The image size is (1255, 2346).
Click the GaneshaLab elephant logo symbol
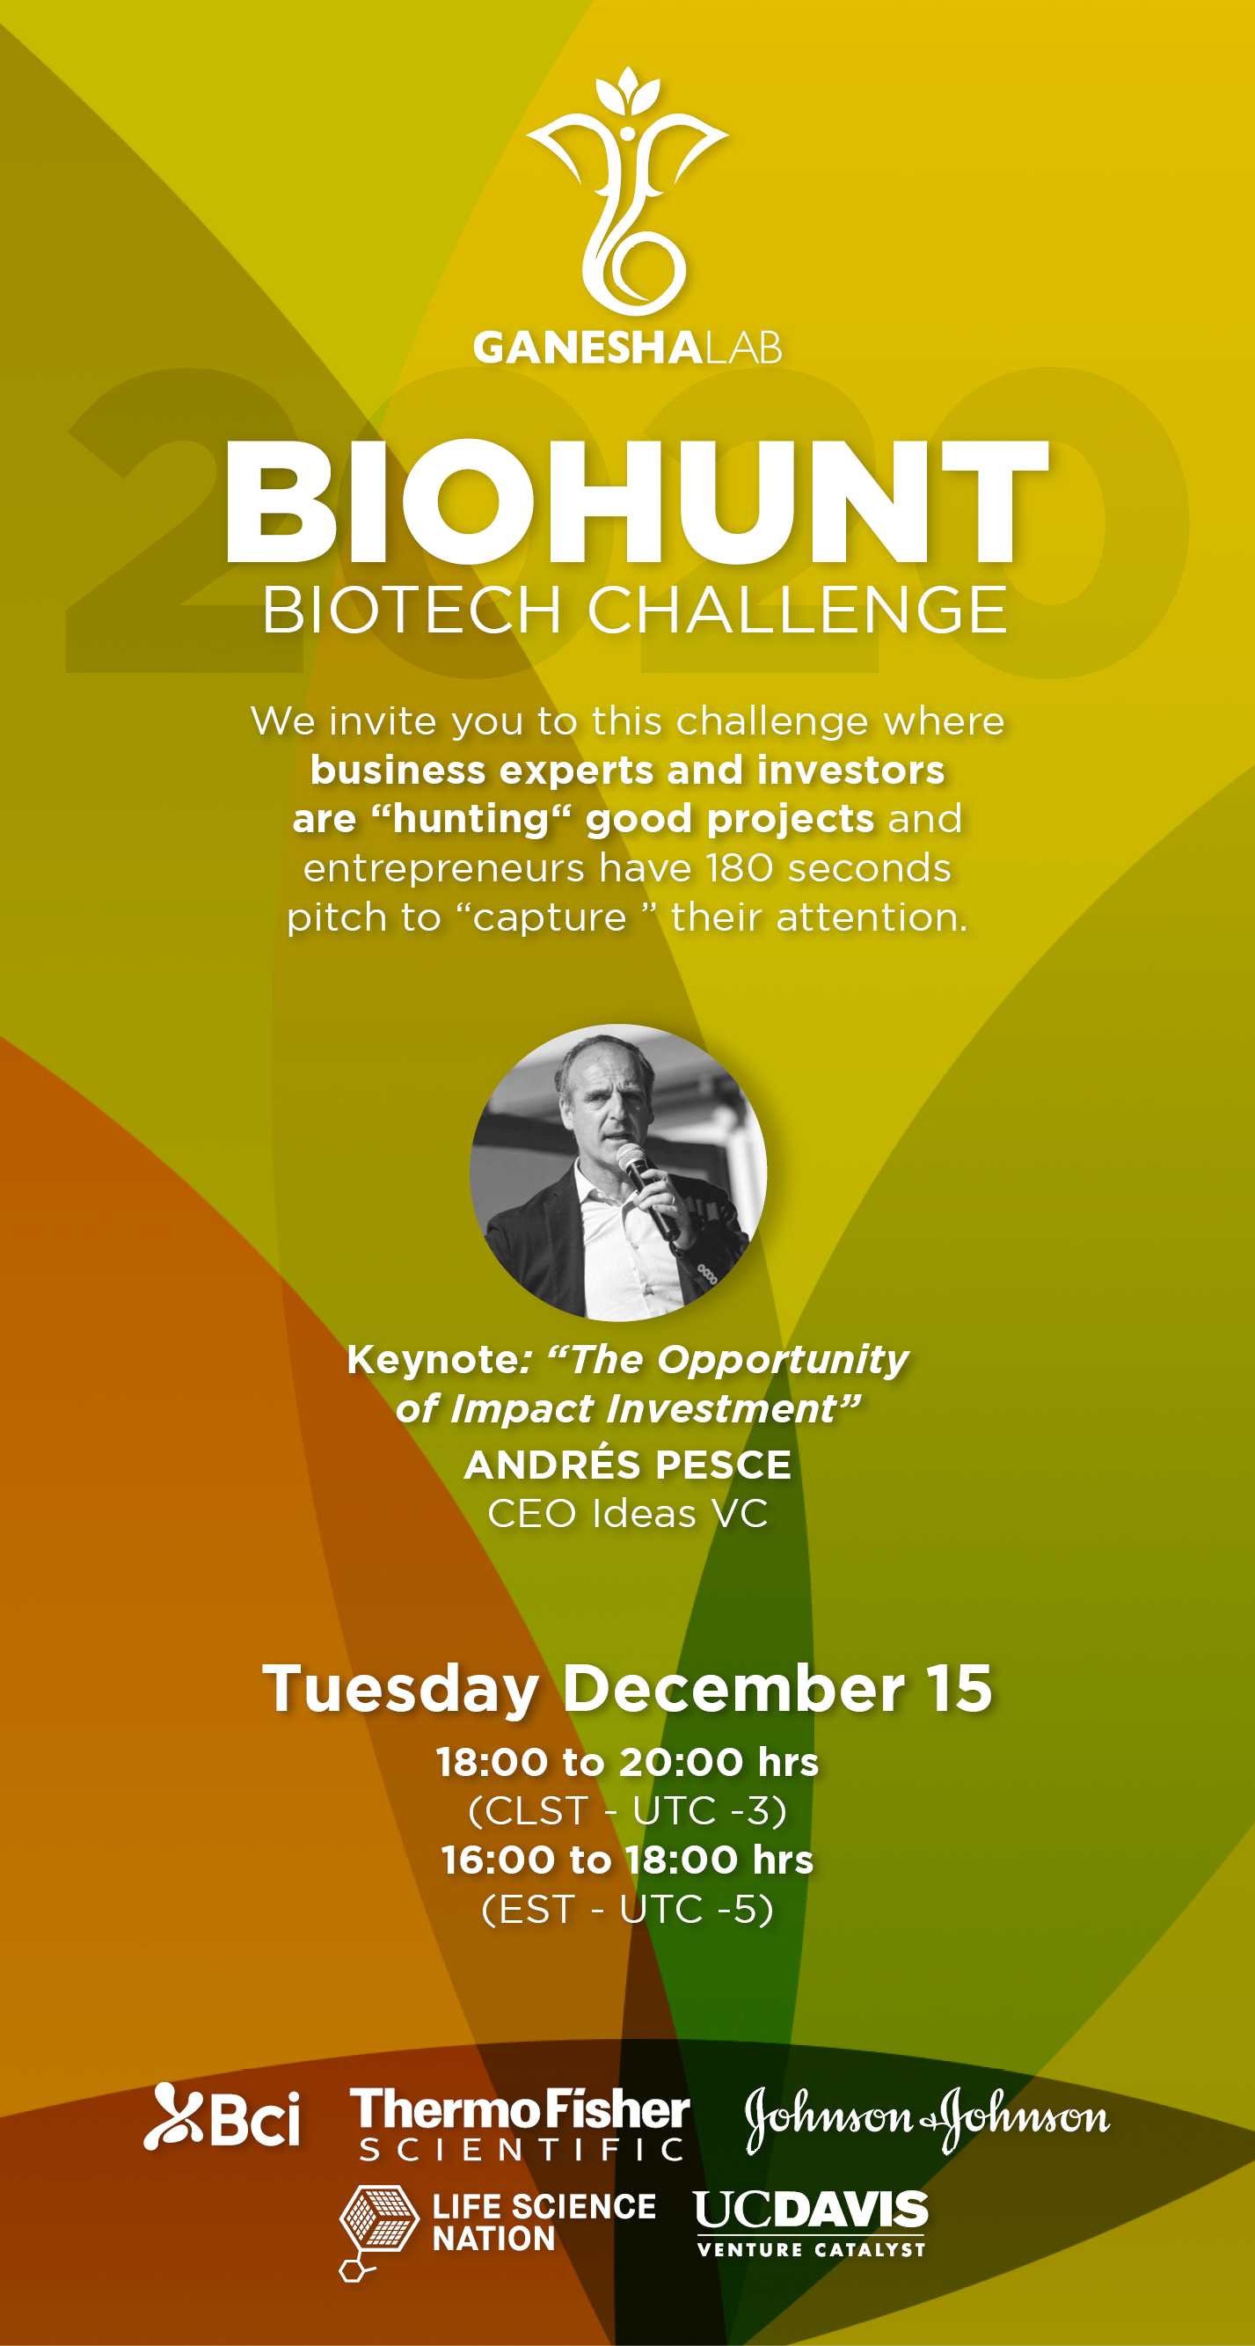point(628,191)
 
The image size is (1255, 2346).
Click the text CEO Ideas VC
point(628,1514)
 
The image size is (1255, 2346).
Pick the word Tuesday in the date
point(401,1691)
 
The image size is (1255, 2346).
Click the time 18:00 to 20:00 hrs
point(628,1762)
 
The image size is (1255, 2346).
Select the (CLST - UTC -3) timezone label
point(628,1810)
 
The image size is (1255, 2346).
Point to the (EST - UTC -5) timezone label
point(628,1909)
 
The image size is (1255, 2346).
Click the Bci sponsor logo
point(223,2116)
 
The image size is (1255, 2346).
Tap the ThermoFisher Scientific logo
point(520,2123)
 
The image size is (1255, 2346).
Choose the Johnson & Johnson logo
point(927,2119)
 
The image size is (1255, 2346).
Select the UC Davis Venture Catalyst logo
point(811,2223)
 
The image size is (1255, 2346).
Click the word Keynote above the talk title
point(434,1360)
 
